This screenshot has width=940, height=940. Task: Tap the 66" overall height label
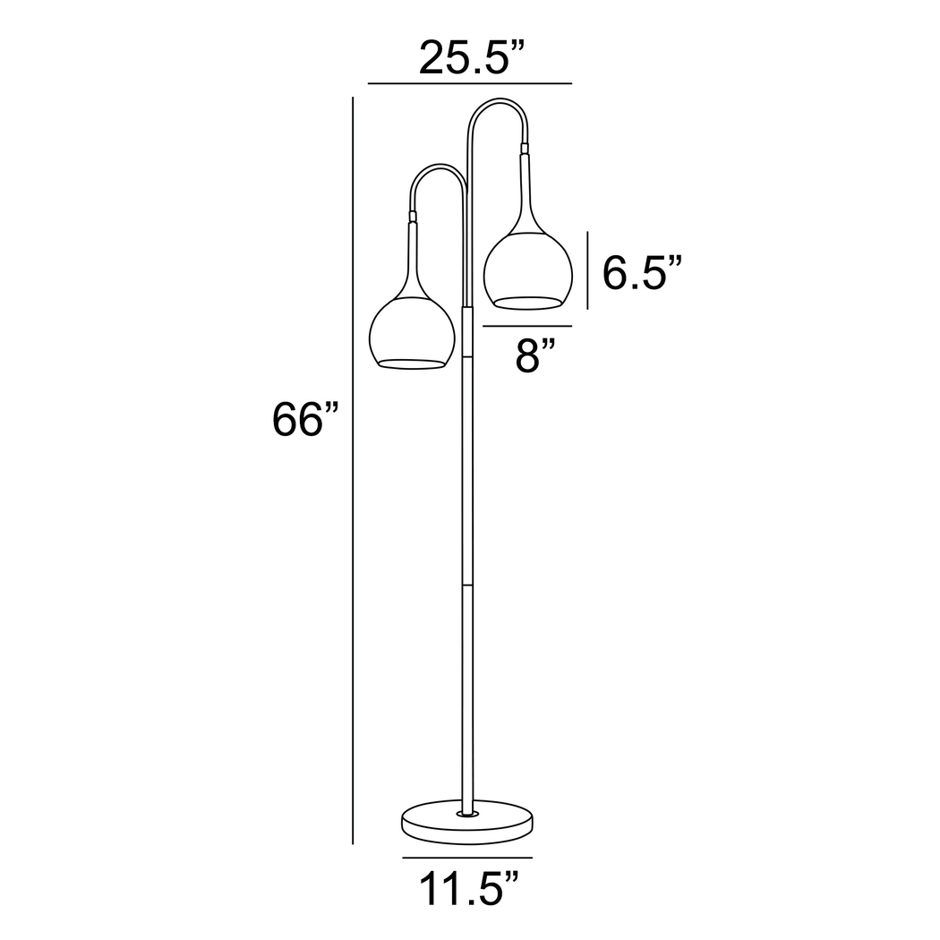coord(307,420)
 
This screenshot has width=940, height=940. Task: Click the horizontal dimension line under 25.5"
coord(469,83)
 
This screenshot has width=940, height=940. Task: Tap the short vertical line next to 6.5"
coord(587,270)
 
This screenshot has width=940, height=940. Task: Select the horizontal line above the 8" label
coord(526,328)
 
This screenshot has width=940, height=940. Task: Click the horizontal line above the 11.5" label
coord(466,858)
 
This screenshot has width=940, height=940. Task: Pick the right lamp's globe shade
coord(526,269)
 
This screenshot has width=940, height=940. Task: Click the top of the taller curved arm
coord(498,101)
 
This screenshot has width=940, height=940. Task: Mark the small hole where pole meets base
coord(466,814)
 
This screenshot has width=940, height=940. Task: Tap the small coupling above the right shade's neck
coord(525,147)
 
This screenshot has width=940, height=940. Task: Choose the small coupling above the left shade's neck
coord(412,216)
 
